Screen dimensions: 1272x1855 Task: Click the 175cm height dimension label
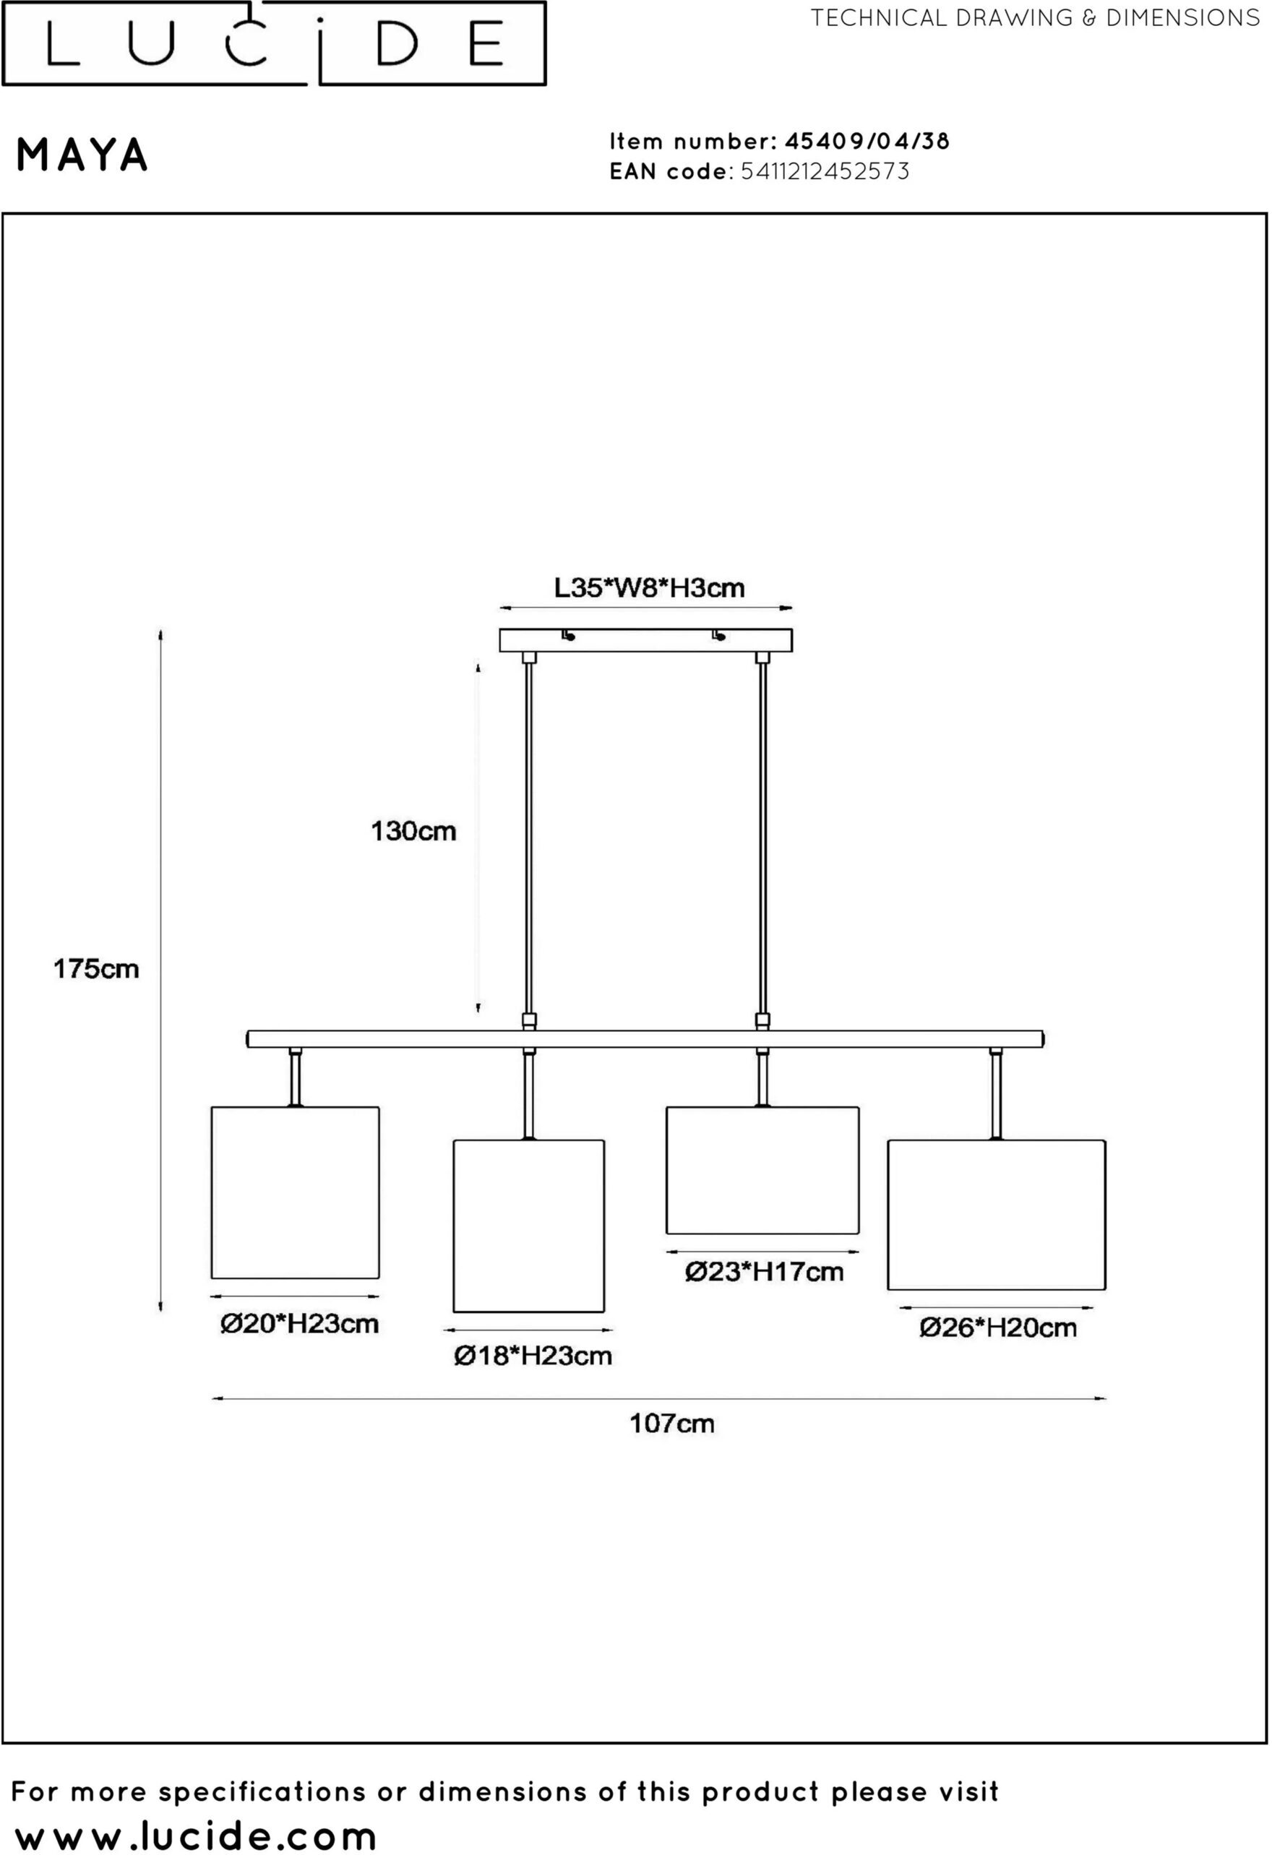coord(97,969)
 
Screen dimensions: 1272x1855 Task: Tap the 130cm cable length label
coord(413,832)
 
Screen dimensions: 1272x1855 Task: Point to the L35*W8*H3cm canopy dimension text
coord(649,588)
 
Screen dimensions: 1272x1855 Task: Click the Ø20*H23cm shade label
coord(299,1324)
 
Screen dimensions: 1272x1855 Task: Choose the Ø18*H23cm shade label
coord(533,1356)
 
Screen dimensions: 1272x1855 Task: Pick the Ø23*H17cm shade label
coord(764,1272)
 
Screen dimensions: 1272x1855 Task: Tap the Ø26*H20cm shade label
coord(998,1328)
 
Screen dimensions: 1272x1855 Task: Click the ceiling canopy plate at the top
coord(646,640)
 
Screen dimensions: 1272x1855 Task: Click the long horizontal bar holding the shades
coord(646,1038)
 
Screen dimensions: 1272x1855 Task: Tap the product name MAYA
coord(82,155)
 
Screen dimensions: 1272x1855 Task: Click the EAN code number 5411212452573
coord(825,171)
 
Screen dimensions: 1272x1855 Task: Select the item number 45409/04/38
coord(867,142)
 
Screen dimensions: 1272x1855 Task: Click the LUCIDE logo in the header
coord(274,43)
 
